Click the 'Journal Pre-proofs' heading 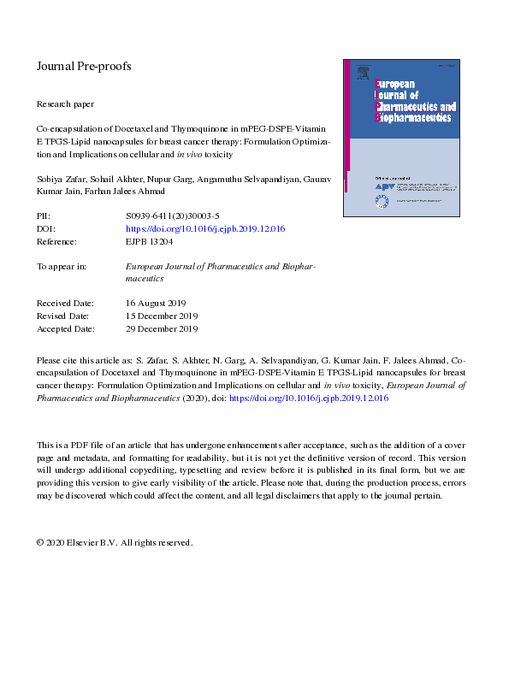[x=83, y=66]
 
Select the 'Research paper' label [x=67, y=103]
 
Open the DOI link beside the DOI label [x=205, y=229]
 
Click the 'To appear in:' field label [x=61, y=266]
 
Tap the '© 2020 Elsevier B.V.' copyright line [x=115, y=542]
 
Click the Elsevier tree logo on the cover [x=363, y=71]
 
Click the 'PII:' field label [x=44, y=216]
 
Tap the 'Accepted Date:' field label [x=66, y=328]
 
